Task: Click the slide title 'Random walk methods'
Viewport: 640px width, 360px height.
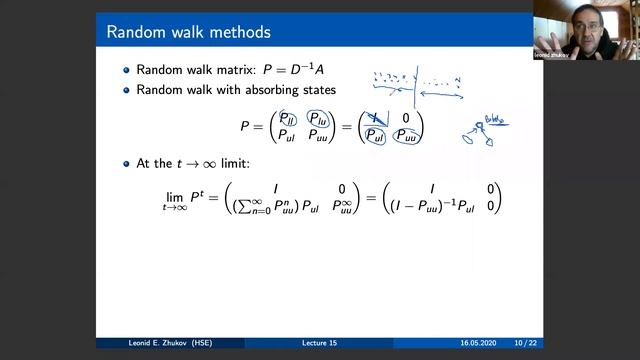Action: click(x=188, y=33)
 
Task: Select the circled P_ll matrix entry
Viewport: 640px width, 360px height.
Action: click(x=291, y=118)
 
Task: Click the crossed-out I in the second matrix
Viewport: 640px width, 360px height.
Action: click(x=377, y=118)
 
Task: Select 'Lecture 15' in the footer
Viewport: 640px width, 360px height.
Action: click(x=319, y=342)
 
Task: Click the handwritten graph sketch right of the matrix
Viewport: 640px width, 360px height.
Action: click(x=482, y=130)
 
